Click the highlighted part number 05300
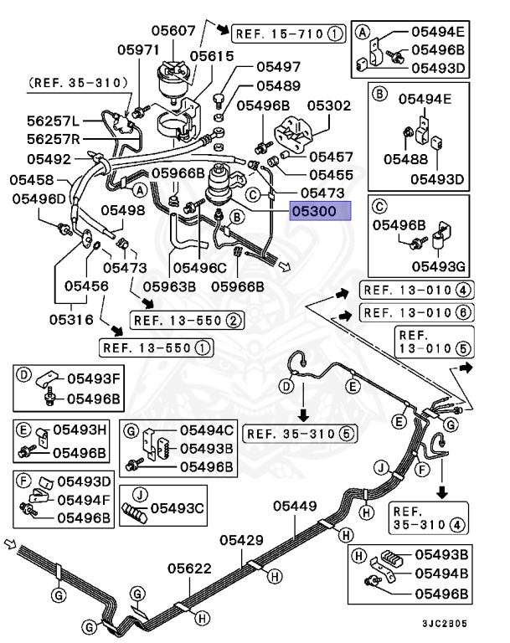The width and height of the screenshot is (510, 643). (319, 212)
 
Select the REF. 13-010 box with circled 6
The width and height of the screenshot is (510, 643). (416, 312)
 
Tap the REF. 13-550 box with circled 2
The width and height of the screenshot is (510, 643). (186, 320)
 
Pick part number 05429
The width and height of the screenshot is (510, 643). (243, 540)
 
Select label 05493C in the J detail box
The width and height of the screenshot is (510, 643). (177, 507)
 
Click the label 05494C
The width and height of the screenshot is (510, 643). (203, 430)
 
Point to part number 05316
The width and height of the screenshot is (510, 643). (71, 318)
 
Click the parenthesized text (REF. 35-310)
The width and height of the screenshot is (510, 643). (77, 83)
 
